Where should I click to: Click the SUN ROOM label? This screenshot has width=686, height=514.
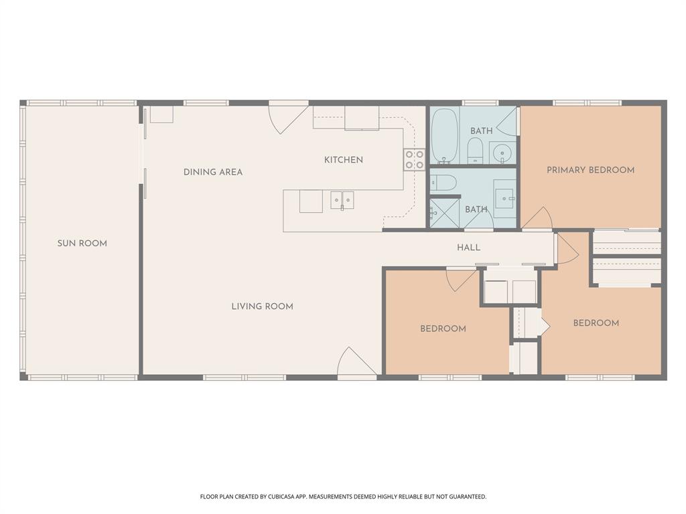coord(82,244)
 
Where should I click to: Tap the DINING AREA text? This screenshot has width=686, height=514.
coord(213,172)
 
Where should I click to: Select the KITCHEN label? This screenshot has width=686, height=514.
coord(343,160)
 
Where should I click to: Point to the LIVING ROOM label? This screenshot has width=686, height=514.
coord(262,307)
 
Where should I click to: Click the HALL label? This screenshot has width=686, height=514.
coord(468,248)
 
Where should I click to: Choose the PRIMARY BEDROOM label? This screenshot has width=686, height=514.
coord(590,170)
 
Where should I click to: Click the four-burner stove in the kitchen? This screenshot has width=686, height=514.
coord(413,159)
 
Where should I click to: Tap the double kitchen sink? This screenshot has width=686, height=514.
coord(342,200)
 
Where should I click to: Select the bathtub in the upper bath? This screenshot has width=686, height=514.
coord(444,136)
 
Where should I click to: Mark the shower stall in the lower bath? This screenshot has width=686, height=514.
coord(444,213)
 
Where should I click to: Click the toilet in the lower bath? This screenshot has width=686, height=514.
coord(443,182)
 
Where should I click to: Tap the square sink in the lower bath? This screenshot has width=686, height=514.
coord(504,197)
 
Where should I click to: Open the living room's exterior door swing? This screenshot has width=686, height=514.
coord(355,363)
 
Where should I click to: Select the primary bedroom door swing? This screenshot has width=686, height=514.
coord(538,218)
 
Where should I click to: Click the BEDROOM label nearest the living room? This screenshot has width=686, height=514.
coord(443,329)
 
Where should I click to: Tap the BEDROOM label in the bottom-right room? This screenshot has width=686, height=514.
coord(596,323)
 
